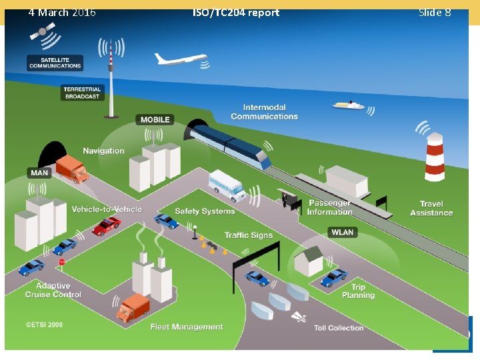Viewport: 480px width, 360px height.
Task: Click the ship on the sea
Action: (348, 105)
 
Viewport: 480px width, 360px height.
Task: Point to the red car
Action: (106, 227)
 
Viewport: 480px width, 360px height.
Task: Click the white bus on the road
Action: (226, 184)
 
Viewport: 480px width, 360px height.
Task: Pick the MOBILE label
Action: (155, 119)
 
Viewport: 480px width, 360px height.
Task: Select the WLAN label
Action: (342, 232)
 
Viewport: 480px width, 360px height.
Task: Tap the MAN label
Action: (39, 173)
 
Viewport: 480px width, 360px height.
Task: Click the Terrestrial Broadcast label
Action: (82, 93)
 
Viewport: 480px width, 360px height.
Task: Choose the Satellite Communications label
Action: (55, 63)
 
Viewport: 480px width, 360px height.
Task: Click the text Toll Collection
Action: (339, 328)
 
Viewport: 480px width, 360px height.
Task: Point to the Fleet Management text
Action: (187, 327)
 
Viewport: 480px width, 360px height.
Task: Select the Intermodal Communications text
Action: (265, 112)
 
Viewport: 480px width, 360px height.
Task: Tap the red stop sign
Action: (61, 263)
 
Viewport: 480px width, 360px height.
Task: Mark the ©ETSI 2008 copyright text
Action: (44, 325)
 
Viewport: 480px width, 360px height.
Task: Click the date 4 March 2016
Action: (62, 13)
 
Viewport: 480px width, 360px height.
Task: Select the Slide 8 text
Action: (434, 13)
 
